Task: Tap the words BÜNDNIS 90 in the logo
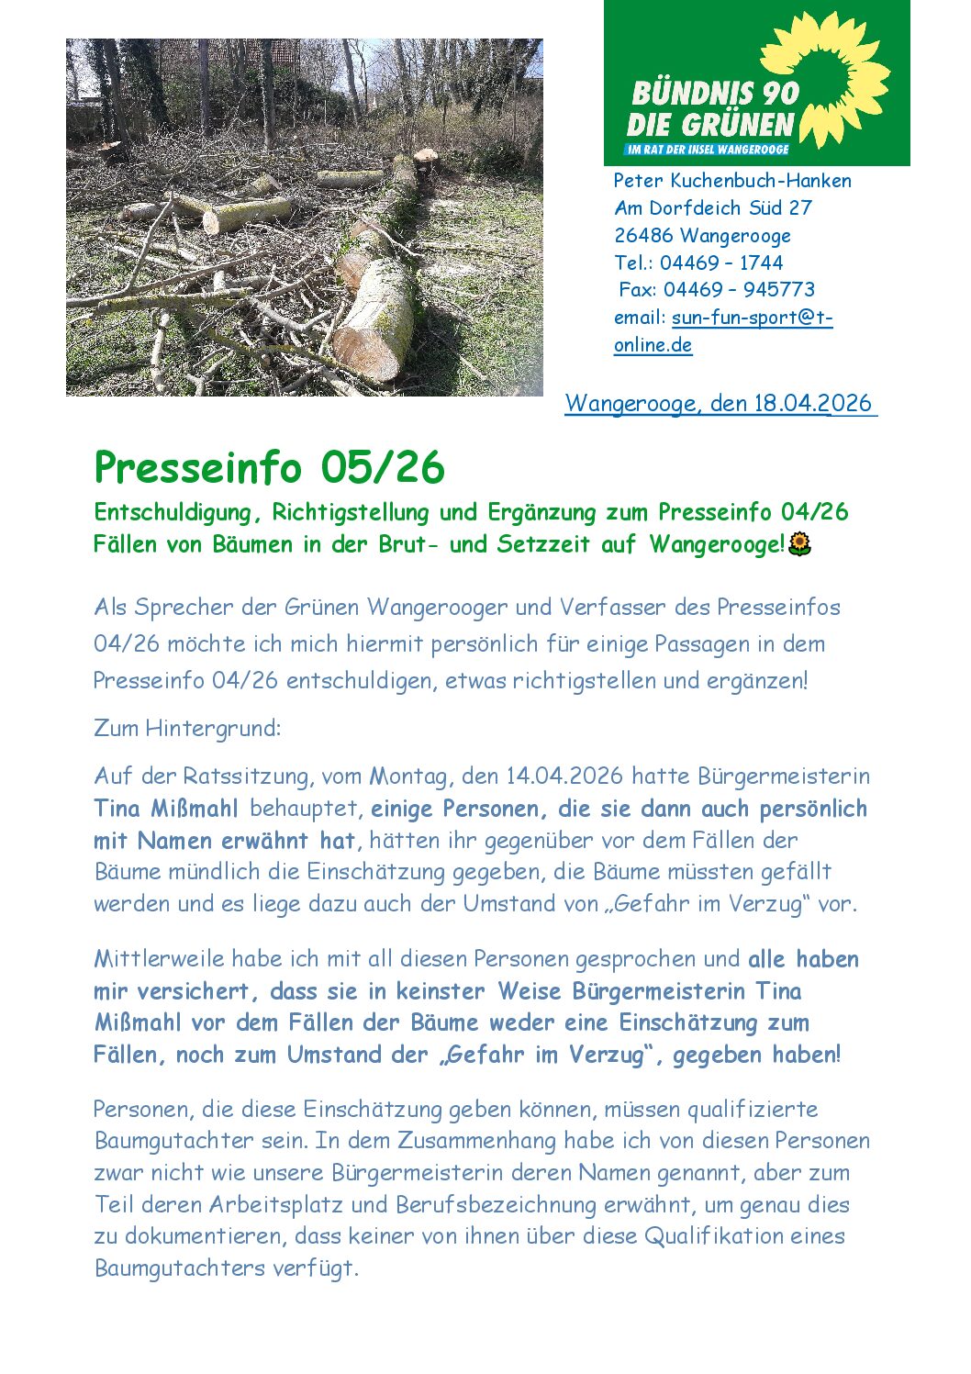(715, 93)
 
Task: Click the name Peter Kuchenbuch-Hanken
(732, 181)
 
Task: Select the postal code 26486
(643, 236)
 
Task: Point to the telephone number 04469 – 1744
(721, 263)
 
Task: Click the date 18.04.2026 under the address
(812, 403)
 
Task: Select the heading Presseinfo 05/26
(269, 467)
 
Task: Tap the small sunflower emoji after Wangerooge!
(800, 544)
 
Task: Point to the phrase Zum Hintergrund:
(187, 729)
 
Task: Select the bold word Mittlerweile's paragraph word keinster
(440, 991)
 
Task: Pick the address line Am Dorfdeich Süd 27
(713, 208)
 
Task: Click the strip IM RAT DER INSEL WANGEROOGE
(707, 150)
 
